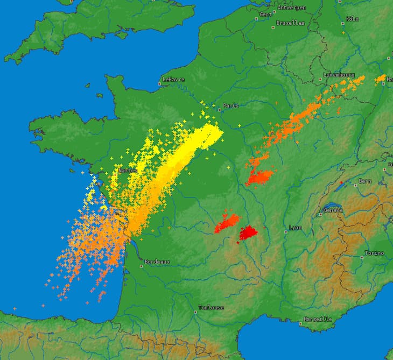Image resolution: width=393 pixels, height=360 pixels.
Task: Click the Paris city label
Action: (x=230, y=106)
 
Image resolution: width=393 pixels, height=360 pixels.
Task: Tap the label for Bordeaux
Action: (x=157, y=262)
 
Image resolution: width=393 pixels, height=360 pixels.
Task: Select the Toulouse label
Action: (x=211, y=308)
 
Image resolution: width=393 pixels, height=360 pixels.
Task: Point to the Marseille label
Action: (x=318, y=319)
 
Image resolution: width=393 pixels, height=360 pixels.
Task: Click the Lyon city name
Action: (x=295, y=228)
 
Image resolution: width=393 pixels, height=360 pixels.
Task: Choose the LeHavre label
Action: (x=174, y=80)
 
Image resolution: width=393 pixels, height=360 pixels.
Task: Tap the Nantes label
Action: (x=128, y=171)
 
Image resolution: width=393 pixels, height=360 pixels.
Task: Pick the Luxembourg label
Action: (x=339, y=75)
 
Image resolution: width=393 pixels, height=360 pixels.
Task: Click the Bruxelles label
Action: (x=290, y=23)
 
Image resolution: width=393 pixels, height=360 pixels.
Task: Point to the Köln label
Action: (x=353, y=19)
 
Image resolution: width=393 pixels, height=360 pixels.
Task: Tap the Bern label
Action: (x=365, y=181)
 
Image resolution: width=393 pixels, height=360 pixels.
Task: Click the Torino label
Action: (x=375, y=253)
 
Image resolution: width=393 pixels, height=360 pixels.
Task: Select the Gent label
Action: (x=266, y=14)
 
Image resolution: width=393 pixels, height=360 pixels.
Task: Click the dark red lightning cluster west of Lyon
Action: (x=249, y=232)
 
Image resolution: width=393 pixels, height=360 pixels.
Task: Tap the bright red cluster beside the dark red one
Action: (x=227, y=222)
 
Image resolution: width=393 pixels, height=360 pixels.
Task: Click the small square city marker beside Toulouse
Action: (x=195, y=311)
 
